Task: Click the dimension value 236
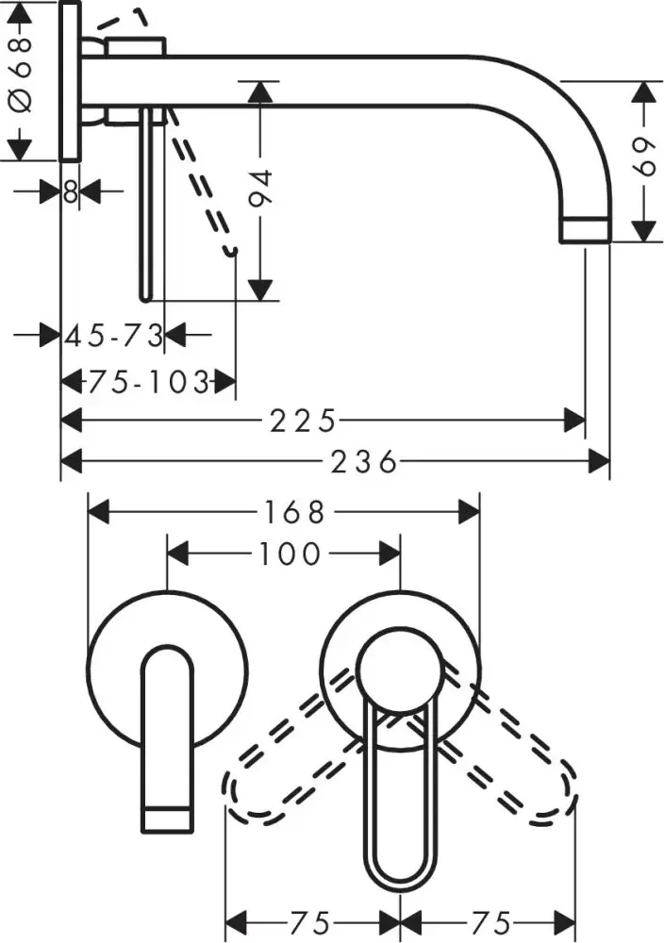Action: pyautogui.click(x=363, y=461)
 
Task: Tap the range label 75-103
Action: pyautogui.click(x=148, y=382)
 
